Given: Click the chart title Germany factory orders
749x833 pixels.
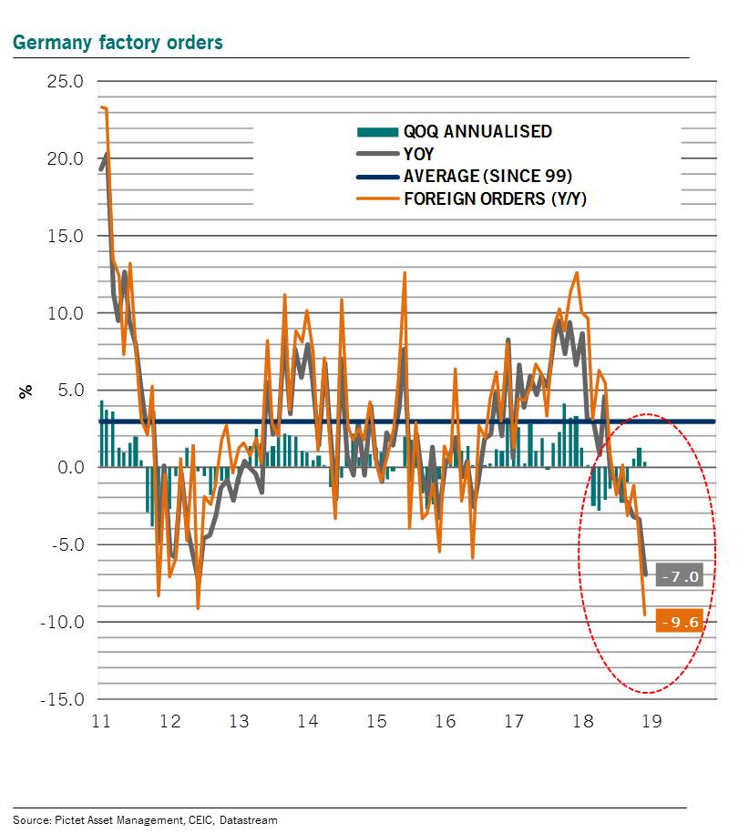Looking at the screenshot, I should pyautogui.click(x=117, y=43).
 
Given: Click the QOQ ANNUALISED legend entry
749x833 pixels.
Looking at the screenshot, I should pyautogui.click(x=477, y=131).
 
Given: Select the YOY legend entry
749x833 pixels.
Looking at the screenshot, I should pyautogui.click(x=419, y=154).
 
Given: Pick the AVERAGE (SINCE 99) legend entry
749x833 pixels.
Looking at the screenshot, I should pyautogui.click(x=487, y=176).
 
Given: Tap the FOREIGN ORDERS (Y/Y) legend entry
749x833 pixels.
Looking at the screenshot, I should pyautogui.click(x=495, y=198).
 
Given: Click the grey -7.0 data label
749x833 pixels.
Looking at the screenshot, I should pyautogui.click(x=680, y=576).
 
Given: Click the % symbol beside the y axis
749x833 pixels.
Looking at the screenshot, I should pyautogui.click(x=26, y=391).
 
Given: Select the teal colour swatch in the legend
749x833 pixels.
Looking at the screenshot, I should pyautogui.click(x=375, y=132).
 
